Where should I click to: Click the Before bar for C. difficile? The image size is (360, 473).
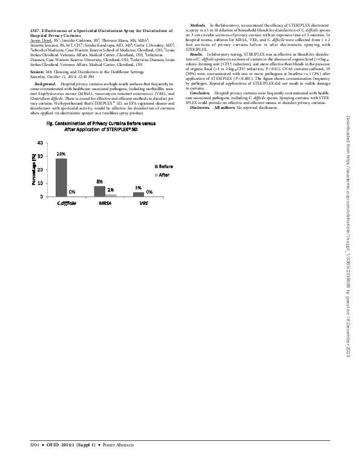[x=61, y=180]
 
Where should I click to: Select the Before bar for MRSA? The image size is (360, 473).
[x=99, y=191]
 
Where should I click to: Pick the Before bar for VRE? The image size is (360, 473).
[x=139, y=194]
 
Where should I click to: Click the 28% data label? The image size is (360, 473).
[x=61, y=154]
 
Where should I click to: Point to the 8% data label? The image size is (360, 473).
[x=99, y=181]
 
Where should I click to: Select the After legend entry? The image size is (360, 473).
[x=163, y=174]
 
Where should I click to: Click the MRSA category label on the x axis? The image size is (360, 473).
[x=105, y=204]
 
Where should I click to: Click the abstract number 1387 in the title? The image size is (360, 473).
[x=34, y=30]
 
